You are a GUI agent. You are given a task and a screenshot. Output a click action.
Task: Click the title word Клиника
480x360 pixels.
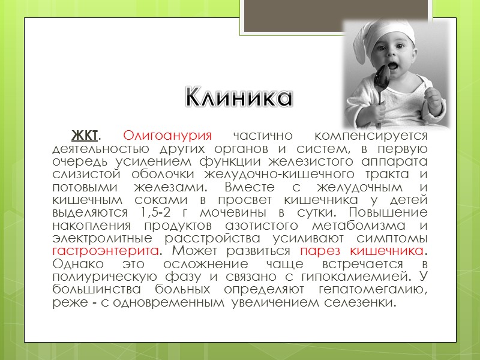pyautogui.click(x=238, y=97)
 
